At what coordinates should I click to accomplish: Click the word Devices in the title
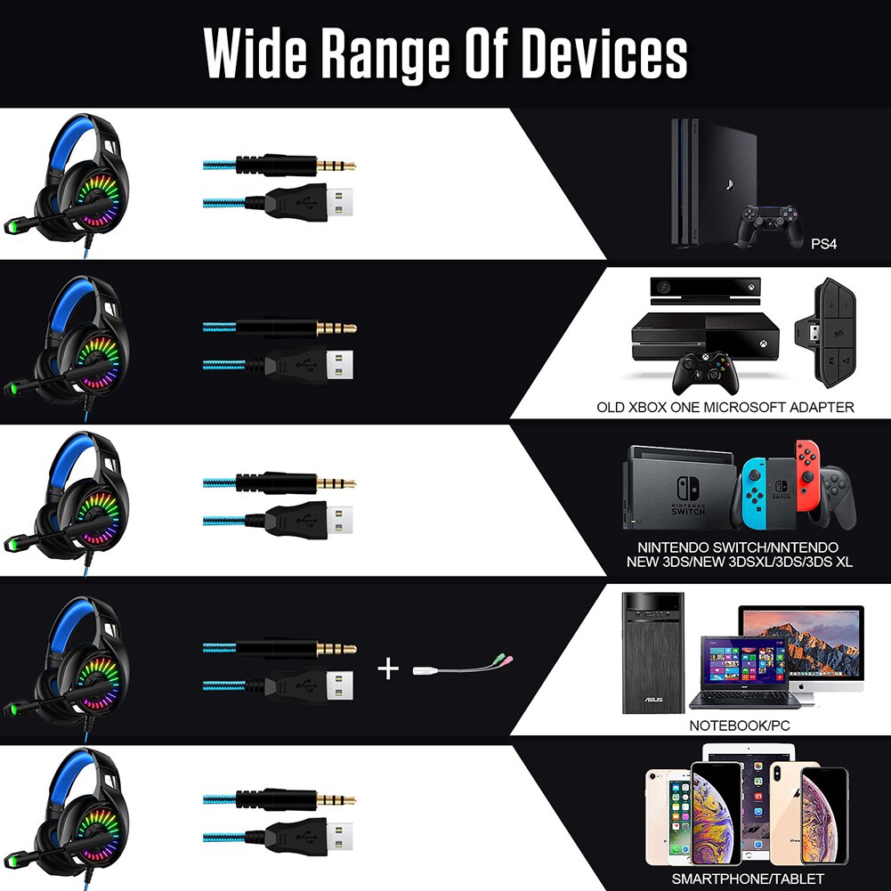603,56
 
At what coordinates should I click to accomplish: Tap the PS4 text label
824,243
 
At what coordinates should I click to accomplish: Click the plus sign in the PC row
388,667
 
